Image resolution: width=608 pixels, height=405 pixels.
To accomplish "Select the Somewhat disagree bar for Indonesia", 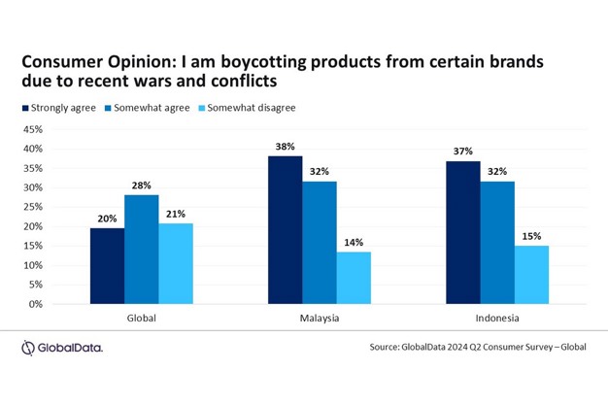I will [530, 275].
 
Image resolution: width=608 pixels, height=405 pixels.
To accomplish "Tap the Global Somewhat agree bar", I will [141, 250].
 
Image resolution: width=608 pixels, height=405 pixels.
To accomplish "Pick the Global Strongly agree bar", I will [107, 265].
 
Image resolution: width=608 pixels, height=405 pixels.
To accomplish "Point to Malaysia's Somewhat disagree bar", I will [355, 278].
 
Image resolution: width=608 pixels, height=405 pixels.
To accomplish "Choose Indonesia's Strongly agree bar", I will [462, 232].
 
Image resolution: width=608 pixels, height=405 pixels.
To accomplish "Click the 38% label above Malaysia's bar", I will [287, 146].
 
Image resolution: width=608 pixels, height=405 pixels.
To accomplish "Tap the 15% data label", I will [530, 235].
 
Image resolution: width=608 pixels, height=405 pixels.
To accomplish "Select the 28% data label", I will [141, 185].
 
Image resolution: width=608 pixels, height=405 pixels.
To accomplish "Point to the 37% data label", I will [462, 151].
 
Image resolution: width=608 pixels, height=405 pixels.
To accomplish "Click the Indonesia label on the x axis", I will [496, 318].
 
